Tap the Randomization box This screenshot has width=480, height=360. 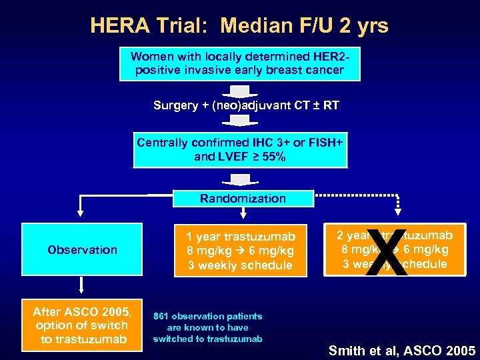pos(243,199)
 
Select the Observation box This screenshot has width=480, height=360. pos(82,249)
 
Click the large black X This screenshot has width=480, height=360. pos(387,254)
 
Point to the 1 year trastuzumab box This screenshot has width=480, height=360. pos(240,251)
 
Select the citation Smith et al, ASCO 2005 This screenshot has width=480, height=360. pos(401,350)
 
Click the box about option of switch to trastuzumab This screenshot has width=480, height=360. pos(82,325)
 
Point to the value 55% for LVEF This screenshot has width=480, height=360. pos(274,157)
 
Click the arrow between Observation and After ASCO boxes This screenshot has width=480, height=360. pos(81,287)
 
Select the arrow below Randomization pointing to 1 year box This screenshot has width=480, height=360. pos(243,213)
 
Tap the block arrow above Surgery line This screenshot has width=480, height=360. pos(239,91)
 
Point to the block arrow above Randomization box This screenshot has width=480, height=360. pos(239,180)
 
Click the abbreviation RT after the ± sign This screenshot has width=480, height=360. pos(331,105)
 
